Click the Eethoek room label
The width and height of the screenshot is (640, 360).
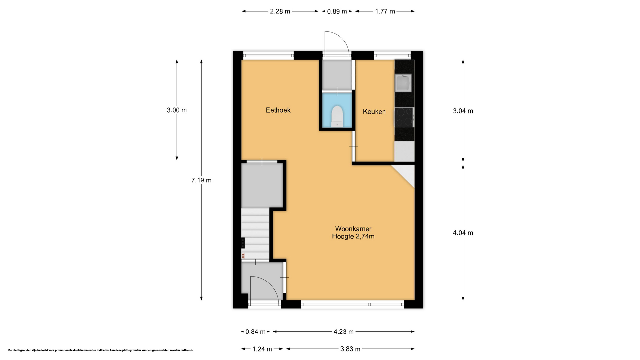click(x=278, y=110)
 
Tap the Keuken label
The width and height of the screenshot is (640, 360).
click(x=374, y=112)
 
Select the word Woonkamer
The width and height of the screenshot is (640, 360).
click(x=353, y=229)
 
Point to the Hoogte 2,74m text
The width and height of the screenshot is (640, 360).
click(x=353, y=236)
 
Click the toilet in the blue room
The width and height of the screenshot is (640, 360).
click(x=337, y=116)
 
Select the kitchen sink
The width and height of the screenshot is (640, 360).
click(x=403, y=83)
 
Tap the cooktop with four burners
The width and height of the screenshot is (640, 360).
click(x=404, y=117)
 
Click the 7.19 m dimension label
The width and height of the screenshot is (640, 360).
click(x=201, y=180)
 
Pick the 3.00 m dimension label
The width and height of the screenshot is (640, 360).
click(x=177, y=110)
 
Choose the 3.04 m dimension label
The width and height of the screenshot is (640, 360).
click(x=463, y=111)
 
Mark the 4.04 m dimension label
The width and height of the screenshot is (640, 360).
click(x=463, y=233)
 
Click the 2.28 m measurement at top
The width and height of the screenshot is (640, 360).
click(x=280, y=11)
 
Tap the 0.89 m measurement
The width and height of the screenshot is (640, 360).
click(x=337, y=11)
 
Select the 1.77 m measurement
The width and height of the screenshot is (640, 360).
click(x=385, y=11)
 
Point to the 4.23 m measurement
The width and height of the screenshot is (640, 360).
click(x=344, y=332)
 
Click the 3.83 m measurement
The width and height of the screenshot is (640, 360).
click(x=350, y=349)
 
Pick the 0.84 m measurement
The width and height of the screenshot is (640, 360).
click(x=256, y=332)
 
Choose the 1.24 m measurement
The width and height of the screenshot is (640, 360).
click(x=262, y=349)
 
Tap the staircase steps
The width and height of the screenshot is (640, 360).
click(x=255, y=233)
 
